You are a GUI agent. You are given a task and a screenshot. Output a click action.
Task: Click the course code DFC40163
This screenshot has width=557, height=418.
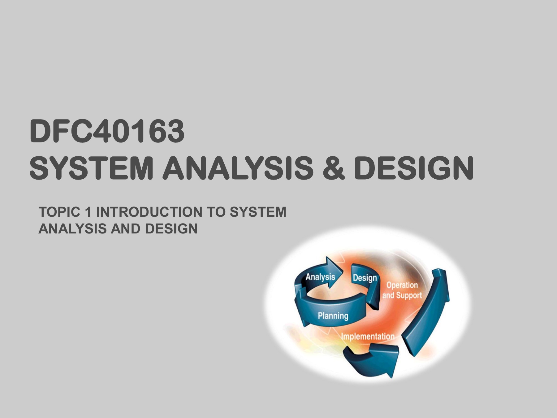tap(107, 131)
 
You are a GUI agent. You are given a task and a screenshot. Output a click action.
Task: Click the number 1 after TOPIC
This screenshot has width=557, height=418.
tap(88, 212)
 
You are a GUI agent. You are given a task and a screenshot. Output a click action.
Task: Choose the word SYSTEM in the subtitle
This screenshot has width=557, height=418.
tap(258, 212)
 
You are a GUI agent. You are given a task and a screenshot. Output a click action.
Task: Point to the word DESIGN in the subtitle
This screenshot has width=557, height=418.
tap(171, 229)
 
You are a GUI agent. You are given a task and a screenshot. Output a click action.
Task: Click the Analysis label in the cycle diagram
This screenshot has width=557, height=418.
tap(320, 277)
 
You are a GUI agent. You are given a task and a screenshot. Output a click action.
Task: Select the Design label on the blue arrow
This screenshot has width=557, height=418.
tap(365, 278)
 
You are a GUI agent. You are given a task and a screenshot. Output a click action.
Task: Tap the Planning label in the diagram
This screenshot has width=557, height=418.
tap(333, 316)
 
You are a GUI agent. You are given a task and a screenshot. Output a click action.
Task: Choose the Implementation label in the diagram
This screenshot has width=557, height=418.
tap(368, 336)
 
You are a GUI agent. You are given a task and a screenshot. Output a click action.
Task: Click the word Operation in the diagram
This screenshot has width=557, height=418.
tap(402, 285)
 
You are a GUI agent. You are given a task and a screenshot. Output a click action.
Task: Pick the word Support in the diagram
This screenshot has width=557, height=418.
tap(409, 295)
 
